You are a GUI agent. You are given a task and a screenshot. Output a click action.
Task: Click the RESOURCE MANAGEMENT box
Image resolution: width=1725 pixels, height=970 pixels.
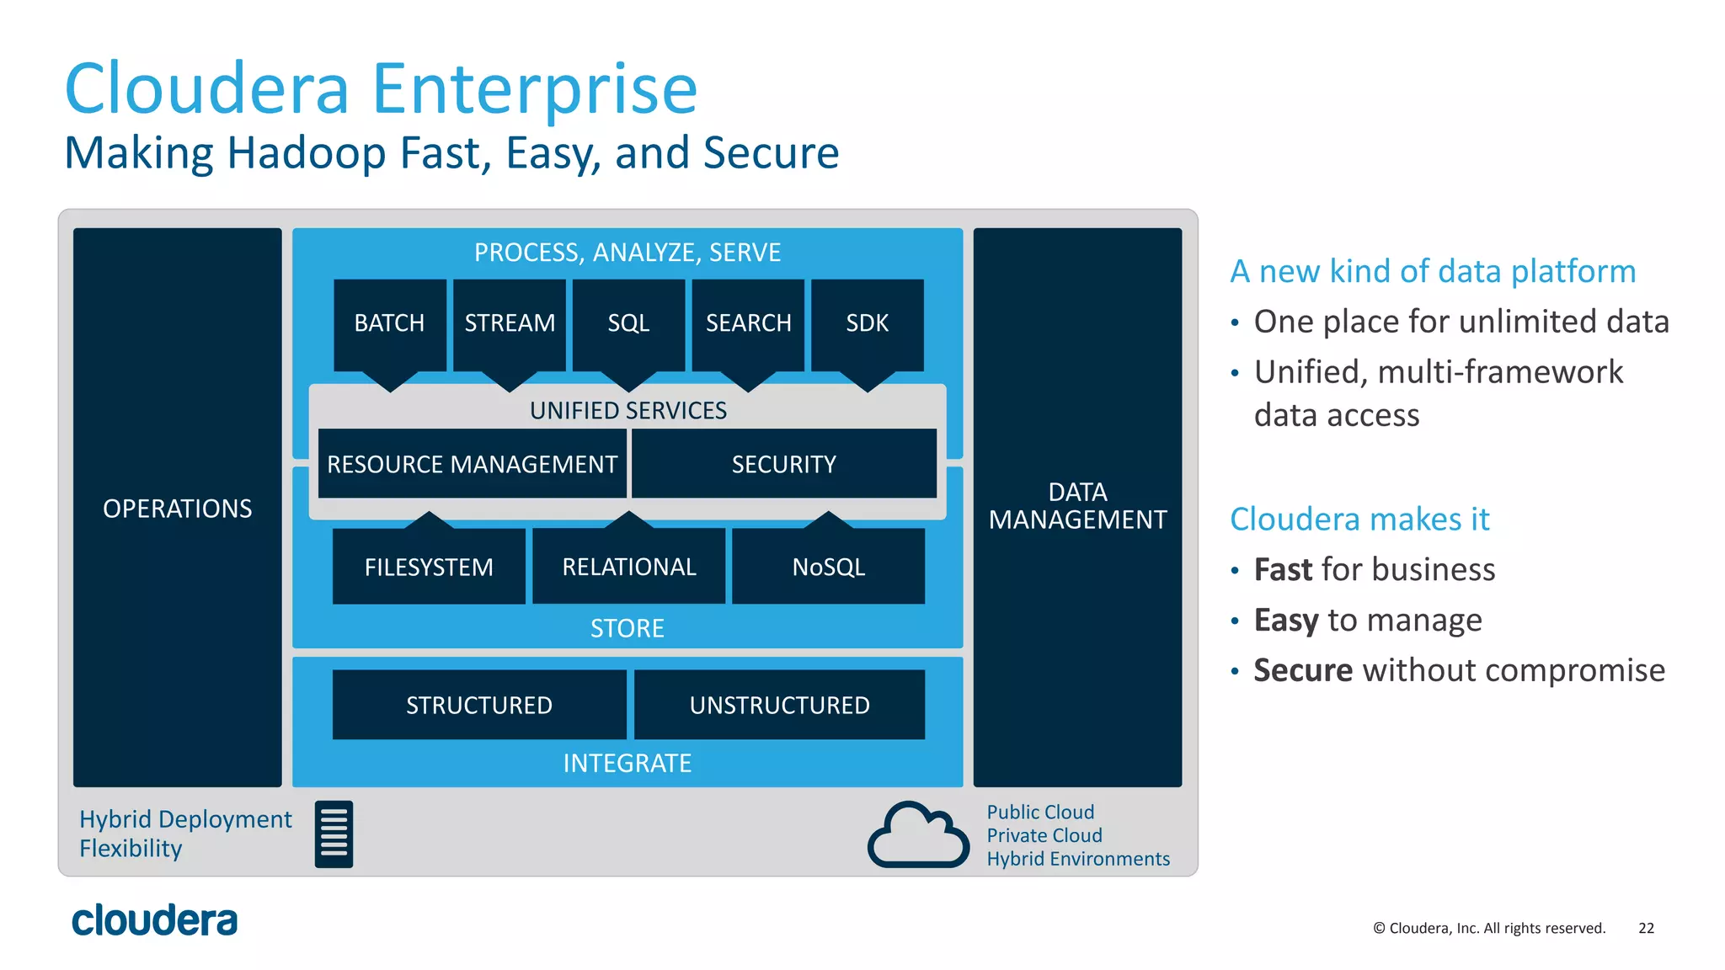pos(472,464)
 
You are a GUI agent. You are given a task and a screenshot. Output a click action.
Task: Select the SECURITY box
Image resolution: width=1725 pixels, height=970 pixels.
pos(783,464)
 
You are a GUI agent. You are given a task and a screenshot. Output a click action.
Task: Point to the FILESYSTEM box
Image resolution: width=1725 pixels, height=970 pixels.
pos(429,567)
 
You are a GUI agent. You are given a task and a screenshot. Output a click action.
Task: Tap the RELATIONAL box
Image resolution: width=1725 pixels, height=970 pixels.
pos(628,567)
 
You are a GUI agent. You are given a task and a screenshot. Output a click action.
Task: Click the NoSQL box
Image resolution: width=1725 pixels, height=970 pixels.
pos(828,567)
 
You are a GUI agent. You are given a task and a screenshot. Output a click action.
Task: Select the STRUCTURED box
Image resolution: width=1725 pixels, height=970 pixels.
pos(478,705)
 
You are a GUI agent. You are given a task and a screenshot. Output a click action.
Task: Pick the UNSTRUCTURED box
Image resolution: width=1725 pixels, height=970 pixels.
pos(779,705)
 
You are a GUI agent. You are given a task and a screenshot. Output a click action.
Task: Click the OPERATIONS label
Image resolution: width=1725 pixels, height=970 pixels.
pos(177,509)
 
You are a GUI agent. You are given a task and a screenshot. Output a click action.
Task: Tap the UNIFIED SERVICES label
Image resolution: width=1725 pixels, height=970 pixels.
pos(628,410)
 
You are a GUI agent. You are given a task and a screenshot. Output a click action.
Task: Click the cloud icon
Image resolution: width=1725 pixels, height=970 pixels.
pos(917,835)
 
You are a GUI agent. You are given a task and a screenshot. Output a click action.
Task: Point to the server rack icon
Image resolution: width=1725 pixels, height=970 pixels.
pos(334,834)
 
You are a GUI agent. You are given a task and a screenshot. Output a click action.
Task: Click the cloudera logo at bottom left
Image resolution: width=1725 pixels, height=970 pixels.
pos(154,920)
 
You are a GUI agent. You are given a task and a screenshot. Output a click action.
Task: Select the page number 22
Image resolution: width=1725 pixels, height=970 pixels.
pos(1646,928)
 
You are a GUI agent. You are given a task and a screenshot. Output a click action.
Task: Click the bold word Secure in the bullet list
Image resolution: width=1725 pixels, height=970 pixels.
pos(1302,670)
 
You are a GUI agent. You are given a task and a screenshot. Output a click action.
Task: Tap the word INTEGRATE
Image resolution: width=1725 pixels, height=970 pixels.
pos(627,763)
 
